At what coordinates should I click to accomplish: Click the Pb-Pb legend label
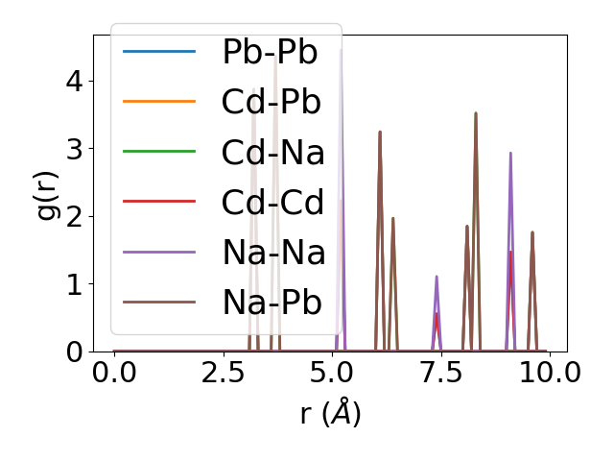click(270, 52)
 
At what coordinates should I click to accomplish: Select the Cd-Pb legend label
click(272, 102)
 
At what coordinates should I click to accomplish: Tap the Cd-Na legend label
click(273, 152)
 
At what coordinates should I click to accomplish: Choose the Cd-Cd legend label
click(273, 202)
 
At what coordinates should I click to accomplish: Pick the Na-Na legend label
click(273, 253)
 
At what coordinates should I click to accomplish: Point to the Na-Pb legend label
click(272, 303)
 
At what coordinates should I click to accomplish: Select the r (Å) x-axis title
click(330, 414)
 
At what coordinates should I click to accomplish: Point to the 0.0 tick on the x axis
click(114, 374)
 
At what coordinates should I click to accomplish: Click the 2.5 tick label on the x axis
click(223, 374)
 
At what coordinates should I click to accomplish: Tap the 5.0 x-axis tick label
click(332, 374)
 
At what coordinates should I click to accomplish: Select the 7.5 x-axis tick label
click(440, 374)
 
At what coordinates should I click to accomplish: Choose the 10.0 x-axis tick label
click(543, 374)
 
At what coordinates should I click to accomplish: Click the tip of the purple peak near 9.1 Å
click(510, 153)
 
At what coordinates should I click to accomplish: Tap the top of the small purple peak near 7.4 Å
click(437, 277)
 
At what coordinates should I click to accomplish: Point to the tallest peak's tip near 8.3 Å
click(475, 113)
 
